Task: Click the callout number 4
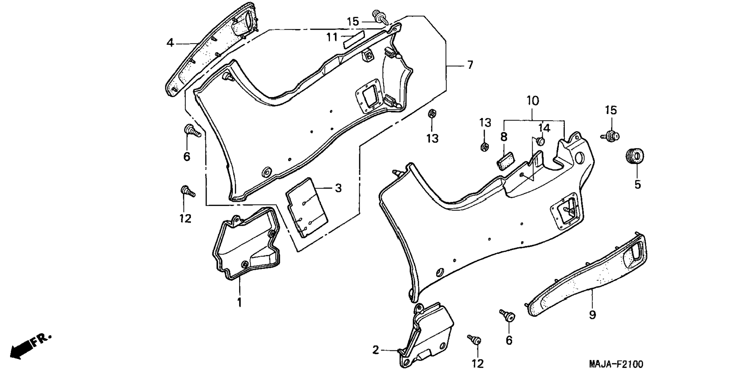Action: [x=170, y=43]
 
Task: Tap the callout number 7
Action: [x=470, y=65]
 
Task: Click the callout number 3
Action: [x=338, y=189]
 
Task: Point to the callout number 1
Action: [x=239, y=302]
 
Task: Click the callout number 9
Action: [x=592, y=315]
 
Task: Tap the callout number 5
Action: [x=637, y=184]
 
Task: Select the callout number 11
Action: [x=332, y=37]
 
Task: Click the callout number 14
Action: [x=544, y=128]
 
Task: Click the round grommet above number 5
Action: [x=634, y=155]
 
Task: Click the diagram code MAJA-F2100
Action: [x=616, y=364]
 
